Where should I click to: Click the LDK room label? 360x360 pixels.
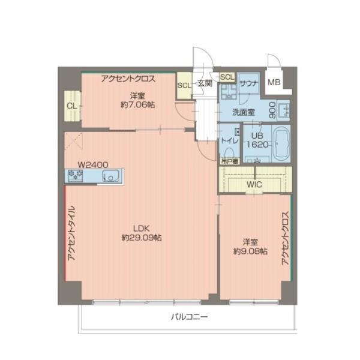pyautogui.click(x=141, y=228)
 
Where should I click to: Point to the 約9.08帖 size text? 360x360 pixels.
pyautogui.click(x=250, y=251)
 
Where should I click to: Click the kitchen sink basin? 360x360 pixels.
pyautogui.click(x=112, y=176)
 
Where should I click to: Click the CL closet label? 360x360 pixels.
pyautogui.click(x=71, y=106)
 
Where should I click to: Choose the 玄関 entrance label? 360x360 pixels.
pyautogui.click(x=204, y=84)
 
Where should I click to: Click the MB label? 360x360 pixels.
pyautogui.click(x=274, y=83)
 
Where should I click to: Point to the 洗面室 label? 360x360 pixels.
pyautogui.click(x=243, y=112)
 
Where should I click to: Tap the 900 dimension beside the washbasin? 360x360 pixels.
pyautogui.click(x=272, y=109)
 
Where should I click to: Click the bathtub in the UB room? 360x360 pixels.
pyautogui.click(x=280, y=145)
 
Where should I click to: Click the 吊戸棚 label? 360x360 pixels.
pyautogui.click(x=229, y=161)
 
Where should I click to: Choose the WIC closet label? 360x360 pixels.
pyautogui.click(x=254, y=184)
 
